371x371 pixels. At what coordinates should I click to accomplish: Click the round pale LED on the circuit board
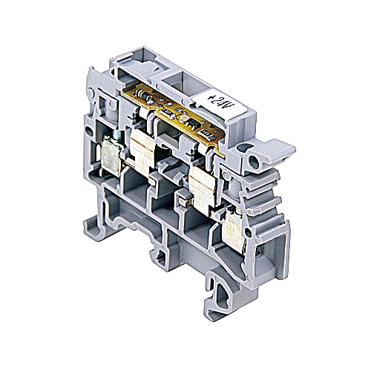184,118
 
